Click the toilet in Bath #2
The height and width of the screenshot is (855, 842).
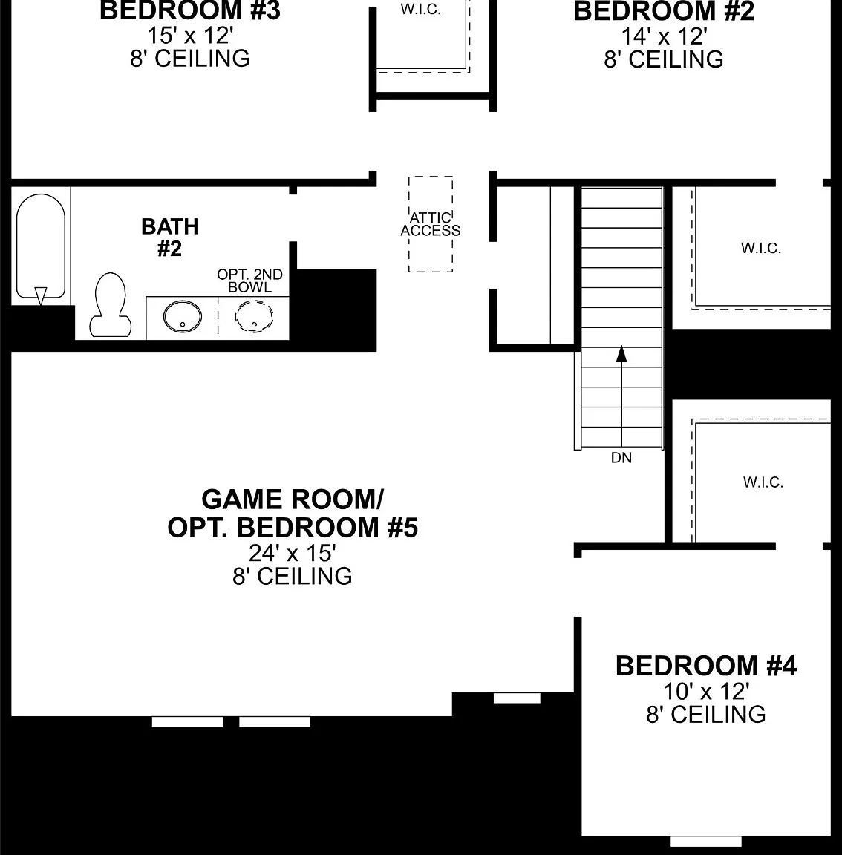110,305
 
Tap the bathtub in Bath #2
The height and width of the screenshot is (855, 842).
41,246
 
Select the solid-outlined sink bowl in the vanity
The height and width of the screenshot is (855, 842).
182,316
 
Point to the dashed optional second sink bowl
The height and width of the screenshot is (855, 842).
254,316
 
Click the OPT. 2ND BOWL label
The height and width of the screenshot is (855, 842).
249,281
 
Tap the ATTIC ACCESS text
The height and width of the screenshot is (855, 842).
430,224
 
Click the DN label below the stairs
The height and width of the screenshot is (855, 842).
621,458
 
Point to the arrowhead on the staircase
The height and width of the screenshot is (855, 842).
621,353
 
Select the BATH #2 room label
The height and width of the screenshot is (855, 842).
169,237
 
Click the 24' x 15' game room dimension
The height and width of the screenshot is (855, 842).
293,553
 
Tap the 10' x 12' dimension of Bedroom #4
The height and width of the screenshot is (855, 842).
706,692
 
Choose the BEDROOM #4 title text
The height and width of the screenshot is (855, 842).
706,666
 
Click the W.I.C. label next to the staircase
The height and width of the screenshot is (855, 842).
761,248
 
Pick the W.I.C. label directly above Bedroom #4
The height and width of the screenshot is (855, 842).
763,482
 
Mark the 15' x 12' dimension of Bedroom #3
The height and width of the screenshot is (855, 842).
190,36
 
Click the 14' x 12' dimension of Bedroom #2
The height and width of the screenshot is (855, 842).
665,36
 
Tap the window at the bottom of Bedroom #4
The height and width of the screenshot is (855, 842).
705,842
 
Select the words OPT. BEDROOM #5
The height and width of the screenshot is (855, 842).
293,527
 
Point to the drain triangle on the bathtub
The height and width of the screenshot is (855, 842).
41,296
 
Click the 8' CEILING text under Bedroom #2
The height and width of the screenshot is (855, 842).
664,59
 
